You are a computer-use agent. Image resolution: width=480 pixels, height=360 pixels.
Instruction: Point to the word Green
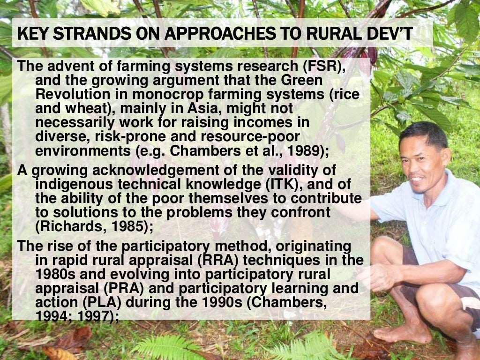pyautogui.click(x=305, y=81)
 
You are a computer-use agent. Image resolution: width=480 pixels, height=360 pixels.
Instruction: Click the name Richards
pyautogui.click(x=68, y=226)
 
